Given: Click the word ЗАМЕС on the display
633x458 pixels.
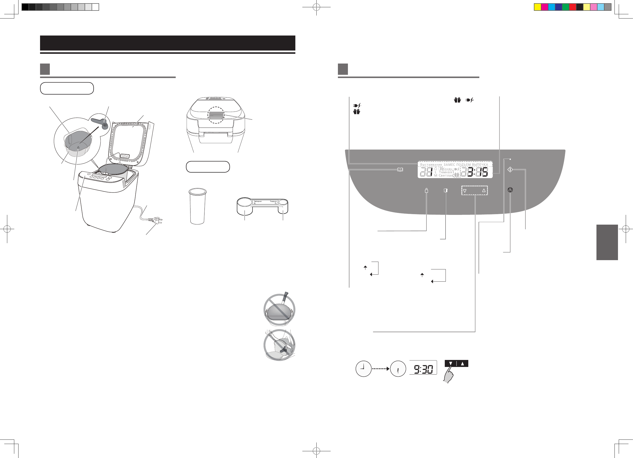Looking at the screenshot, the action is [x=449, y=165].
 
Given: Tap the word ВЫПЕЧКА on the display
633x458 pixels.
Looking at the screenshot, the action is [x=480, y=165].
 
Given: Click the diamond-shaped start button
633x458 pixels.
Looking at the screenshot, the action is [x=510, y=170].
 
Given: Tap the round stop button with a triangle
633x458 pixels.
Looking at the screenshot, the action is [x=510, y=190].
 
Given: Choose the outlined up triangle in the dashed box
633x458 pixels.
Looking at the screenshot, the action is [x=484, y=191].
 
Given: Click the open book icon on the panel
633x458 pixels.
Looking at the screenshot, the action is [x=400, y=170].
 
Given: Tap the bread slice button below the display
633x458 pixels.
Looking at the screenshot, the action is [x=446, y=191].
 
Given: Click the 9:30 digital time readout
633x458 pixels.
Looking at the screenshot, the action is [x=423, y=369].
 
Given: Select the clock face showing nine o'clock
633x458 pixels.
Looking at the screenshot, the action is [x=363, y=369].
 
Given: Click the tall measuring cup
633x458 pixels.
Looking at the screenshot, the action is [x=197, y=206].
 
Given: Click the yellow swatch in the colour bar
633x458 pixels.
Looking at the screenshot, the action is [x=537, y=7].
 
